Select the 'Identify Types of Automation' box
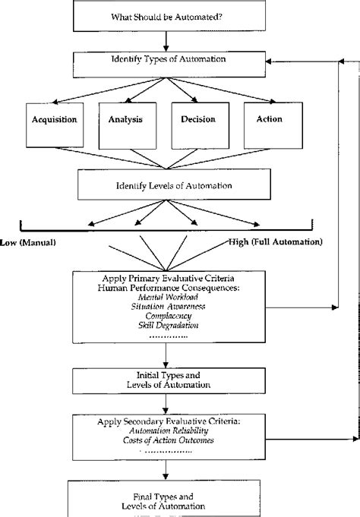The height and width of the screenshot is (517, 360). coord(165,59)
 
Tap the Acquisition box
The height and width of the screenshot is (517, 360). coord(52,123)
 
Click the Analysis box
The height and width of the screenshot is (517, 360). coord(125,123)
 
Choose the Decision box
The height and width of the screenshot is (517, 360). coord(197,123)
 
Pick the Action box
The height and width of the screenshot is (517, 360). coord(269,123)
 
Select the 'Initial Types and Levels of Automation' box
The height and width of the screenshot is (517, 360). coord(165,380)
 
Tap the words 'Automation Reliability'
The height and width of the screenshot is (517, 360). coord(165,430)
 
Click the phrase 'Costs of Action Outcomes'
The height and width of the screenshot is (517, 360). coord(165,440)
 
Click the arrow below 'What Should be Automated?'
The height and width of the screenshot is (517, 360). coord(165,40)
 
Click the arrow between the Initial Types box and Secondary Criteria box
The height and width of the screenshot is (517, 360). coord(165,403)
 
